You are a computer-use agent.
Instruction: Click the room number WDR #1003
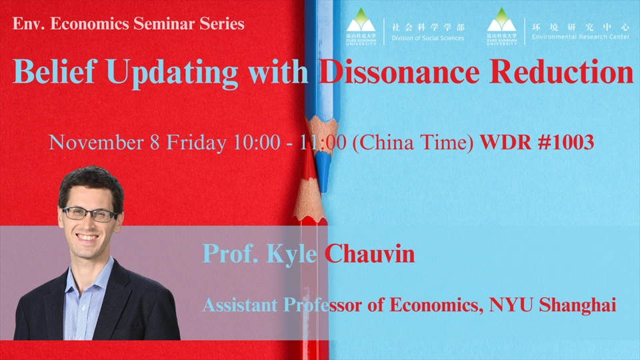[x=536, y=142]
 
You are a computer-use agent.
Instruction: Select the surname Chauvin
[x=370, y=253]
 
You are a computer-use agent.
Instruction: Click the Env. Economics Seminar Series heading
[x=129, y=25]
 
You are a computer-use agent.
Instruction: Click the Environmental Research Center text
[x=579, y=37]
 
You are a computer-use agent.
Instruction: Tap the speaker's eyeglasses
[x=89, y=214]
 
